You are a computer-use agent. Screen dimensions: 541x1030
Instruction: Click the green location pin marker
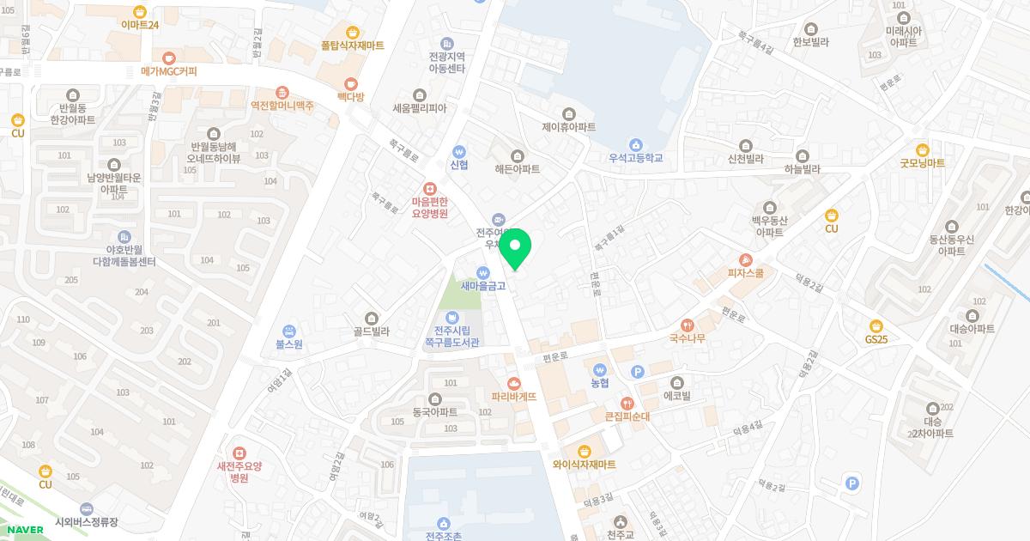pos(515,250)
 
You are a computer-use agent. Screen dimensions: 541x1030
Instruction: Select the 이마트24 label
pos(140,25)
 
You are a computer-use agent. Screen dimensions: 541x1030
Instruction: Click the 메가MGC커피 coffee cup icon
pos(169,57)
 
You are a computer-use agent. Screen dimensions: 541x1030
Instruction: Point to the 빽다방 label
pos(350,96)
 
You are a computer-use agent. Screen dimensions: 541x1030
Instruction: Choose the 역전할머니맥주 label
pos(282,106)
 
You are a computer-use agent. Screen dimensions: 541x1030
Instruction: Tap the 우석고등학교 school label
pos(635,158)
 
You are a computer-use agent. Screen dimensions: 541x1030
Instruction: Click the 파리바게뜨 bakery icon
pos(514,382)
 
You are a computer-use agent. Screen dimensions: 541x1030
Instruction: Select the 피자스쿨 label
pos(745,273)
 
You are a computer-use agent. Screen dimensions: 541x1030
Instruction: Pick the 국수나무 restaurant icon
pos(687,325)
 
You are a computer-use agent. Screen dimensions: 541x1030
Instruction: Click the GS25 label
pos(876,339)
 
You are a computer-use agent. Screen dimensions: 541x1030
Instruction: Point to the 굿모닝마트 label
pos(922,162)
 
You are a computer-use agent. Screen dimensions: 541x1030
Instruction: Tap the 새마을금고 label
pos(483,286)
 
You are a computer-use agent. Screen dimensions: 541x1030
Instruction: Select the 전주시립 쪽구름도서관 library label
pos(451,336)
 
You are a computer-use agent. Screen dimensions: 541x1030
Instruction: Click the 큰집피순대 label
pos(628,416)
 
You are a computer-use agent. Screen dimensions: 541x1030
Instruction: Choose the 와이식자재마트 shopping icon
pos(585,451)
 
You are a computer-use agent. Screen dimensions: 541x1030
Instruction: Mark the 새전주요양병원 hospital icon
pos(239,453)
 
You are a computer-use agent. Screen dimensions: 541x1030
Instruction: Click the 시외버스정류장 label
pos(86,521)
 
